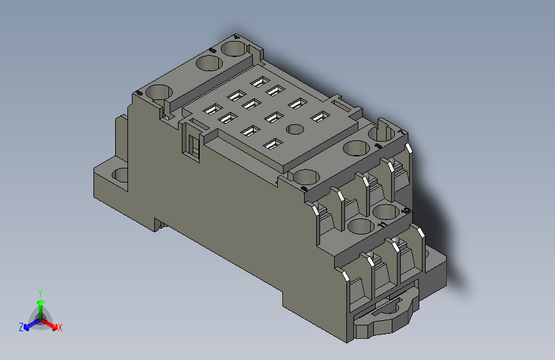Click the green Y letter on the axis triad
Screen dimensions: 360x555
click(40, 291)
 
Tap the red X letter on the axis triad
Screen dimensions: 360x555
click(60, 328)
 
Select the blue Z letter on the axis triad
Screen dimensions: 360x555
click(21, 327)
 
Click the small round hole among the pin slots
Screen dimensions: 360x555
click(294, 129)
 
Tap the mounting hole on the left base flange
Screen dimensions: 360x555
click(120, 174)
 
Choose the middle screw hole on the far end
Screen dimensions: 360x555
click(207, 63)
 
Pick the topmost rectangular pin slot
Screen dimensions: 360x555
click(259, 81)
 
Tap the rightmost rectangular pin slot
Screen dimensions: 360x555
click(319, 117)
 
